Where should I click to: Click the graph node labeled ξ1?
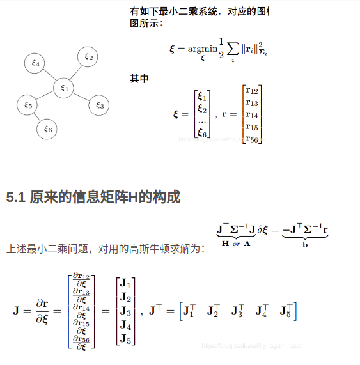pyautogui.click(x=63, y=87)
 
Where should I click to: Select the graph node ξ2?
pyautogui.click(x=88, y=57)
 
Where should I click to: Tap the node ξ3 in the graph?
pyautogui.click(x=98, y=105)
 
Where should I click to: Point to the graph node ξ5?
pyautogui.click(x=27, y=104)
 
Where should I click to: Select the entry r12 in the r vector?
pyautogui.click(x=252, y=91)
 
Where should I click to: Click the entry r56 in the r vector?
pyautogui.click(x=252, y=139)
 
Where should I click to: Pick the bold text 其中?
pyautogui.click(x=139, y=79)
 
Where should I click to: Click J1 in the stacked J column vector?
pyautogui.click(x=125, y=284)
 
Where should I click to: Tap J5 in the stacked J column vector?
pyautogui.click(x=125, y=339)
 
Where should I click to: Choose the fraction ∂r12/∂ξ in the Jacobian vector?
pyautogui.click(x=81, y=279)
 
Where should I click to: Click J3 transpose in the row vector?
pyautogui.click(x=237, y=312)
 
